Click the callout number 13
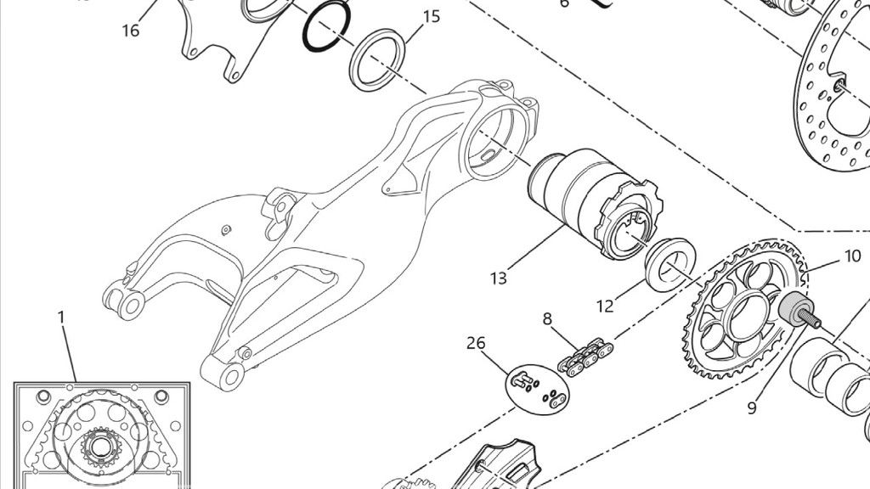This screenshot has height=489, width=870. click(498, 277)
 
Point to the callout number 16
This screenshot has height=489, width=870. click(130, 31)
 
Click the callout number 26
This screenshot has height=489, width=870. click(476, 343)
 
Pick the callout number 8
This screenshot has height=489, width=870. click(547, 319)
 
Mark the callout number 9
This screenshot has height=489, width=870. click(752, 408)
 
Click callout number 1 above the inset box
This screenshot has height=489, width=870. click(61, 317)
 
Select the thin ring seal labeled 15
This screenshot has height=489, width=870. click(379, 59)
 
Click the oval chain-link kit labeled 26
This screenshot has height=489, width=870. click(539, 387)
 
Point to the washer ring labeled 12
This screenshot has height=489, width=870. click(671, 264)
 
